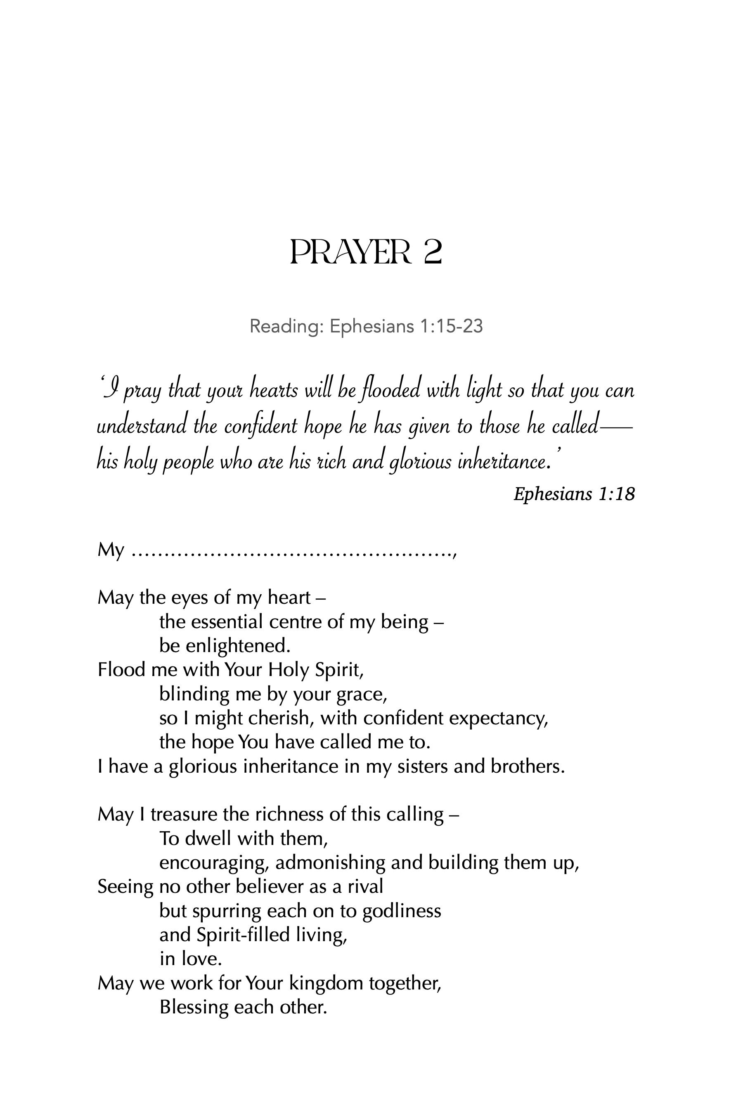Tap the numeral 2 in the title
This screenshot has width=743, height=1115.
tap(432, 252)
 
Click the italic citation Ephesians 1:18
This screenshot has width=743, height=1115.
tap(574, 494)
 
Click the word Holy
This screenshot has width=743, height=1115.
tap(289, 669)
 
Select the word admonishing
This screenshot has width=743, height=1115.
tap(330, 863)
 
